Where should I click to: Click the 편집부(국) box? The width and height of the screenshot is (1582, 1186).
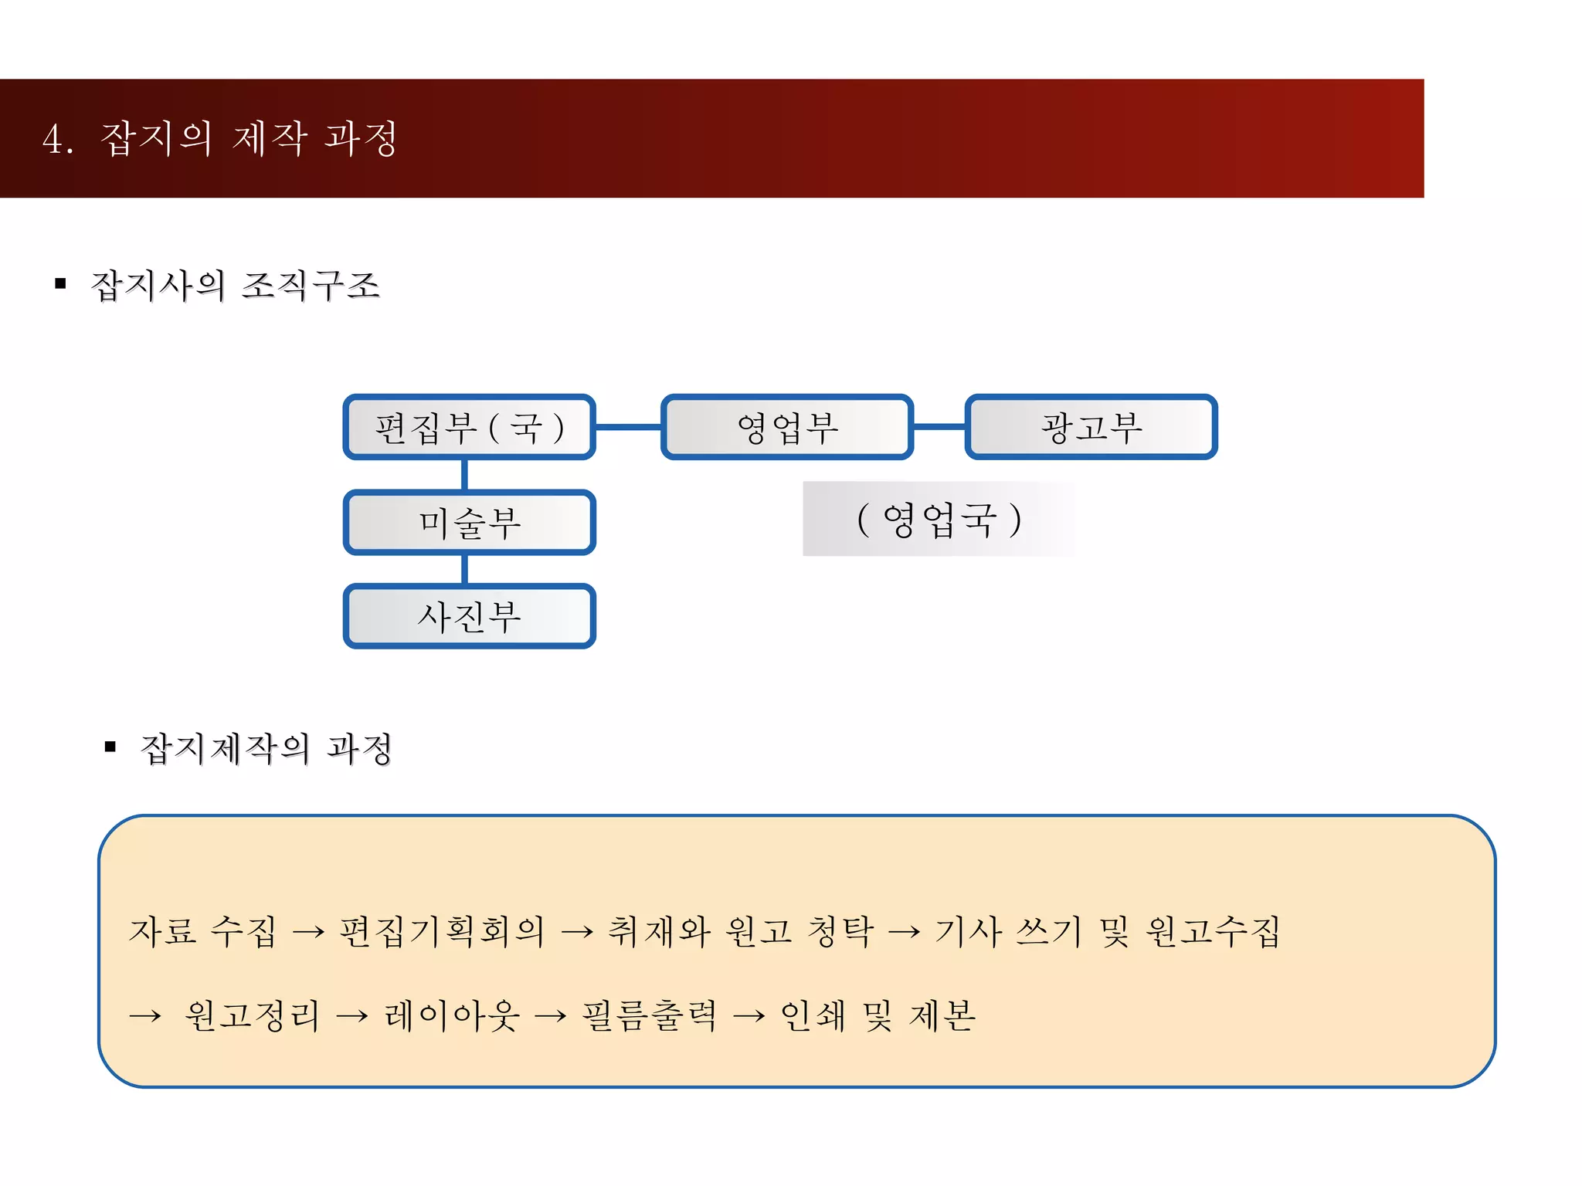[x=469, y=427]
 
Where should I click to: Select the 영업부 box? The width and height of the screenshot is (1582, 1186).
[x=787, y=427]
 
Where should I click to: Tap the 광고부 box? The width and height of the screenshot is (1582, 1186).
[x=1091, y=427]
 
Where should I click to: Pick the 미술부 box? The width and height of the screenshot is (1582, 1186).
[x=469, y=523]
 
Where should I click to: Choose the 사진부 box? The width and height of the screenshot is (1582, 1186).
[x=469, y=616]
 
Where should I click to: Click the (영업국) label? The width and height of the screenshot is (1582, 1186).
[x=939, y=519]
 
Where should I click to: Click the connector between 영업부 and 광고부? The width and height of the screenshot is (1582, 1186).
[x=939, y=426]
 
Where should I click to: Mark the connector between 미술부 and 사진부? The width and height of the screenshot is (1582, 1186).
[x=465, y=570]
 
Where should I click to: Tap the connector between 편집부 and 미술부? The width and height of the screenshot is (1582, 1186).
[x=465, y=475]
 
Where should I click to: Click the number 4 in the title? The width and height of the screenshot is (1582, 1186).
[x=53, y=140]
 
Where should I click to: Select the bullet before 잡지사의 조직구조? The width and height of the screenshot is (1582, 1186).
[x=61, y=284]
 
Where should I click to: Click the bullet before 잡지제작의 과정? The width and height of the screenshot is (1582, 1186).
[x=110, y=747]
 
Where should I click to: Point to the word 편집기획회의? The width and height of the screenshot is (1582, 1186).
[x=442, y=931]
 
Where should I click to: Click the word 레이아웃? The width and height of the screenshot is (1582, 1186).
[x=452, y=1015]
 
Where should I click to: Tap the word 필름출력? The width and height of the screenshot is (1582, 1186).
[x=649, y=1015]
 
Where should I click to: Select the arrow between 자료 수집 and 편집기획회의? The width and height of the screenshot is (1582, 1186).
[x=308, y=933]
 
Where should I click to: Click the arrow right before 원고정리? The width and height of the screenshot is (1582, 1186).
[x=145, y=1016]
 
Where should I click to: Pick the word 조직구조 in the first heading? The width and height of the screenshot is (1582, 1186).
[x=311, y=285]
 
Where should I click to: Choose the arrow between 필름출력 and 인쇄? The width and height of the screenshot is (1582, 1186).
[x=748, y=1016]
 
